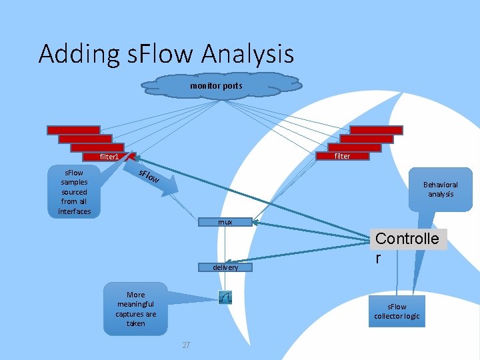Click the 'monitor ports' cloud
coord(216,86)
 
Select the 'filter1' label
coord(109,157)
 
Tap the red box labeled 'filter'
coord(342,156)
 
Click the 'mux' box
coord(225,222)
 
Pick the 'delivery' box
coord(225,267)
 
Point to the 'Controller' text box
coord(407,247)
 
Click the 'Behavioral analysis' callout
coord(440,189)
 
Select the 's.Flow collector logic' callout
coord(396,311)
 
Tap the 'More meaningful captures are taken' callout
coord(135,309)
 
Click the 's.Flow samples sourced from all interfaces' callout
coord(73,191)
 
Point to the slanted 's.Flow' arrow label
coord(149,177)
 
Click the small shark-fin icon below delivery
coord(225,298)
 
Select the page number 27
coord(186,345)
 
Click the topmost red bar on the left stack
coord(73,130)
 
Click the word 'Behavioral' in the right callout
coord(440,185)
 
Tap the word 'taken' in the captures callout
coord(135,323)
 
